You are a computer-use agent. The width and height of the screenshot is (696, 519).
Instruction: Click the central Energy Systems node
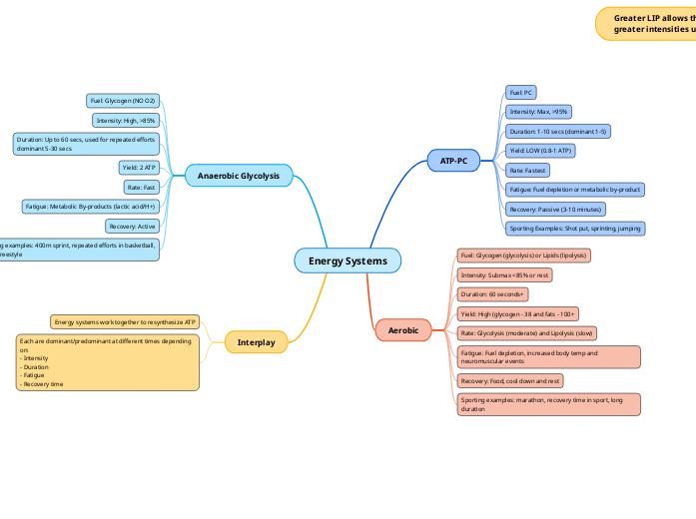[x=348, y=260]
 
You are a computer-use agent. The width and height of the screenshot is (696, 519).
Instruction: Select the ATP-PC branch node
[x=453, y=160]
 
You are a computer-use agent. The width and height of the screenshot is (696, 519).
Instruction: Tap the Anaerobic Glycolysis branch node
[x=239, y=176]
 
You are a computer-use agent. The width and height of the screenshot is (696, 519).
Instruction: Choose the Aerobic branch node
[x=403, y=329]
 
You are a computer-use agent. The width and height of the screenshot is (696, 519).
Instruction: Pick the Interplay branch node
[x=256, y=342]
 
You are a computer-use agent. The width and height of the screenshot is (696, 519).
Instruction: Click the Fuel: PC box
[x=521, y=92]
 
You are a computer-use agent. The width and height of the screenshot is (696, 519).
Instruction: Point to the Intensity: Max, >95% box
[x=538, y=112]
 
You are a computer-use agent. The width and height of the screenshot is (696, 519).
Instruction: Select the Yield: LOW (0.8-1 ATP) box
[x=540, y=150]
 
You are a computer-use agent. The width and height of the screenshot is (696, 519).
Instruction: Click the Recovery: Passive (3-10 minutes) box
[x=554, y=209]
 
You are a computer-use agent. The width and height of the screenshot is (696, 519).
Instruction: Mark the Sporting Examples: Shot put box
[x=574, y=229]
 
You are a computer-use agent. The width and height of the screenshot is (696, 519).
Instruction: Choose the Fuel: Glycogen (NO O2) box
[x=123, y=101]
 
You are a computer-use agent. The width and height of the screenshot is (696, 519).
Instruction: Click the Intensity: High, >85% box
[x=126, y=121]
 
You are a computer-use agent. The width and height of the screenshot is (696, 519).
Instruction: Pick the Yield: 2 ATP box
[x=138, y=168]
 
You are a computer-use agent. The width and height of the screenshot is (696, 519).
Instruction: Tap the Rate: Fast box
[x=141, y=187]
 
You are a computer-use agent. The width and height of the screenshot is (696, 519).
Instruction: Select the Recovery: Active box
[x=132, y=227]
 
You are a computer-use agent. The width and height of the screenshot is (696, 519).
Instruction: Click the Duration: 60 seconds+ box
[x=492, y=294]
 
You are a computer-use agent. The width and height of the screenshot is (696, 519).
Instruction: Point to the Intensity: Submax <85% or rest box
[x=504, y=274]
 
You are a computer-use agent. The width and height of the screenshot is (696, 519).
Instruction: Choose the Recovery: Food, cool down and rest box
[x=510, y=380]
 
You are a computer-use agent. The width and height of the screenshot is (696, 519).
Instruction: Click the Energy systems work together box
[x=125, y=321]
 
